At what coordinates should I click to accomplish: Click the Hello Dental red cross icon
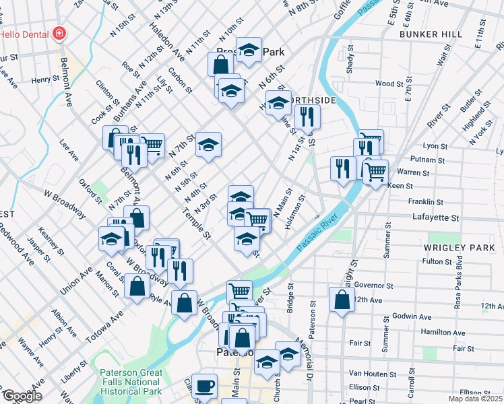point(59,33)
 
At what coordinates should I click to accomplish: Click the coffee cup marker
point(205,386)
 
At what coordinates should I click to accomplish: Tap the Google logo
point(22,396)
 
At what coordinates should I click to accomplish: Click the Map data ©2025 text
point(476,399)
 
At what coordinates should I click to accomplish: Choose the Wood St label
point(389,83)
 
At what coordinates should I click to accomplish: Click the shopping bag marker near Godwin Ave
point(342,300)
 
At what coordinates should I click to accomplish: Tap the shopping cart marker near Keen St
point(375,171)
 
